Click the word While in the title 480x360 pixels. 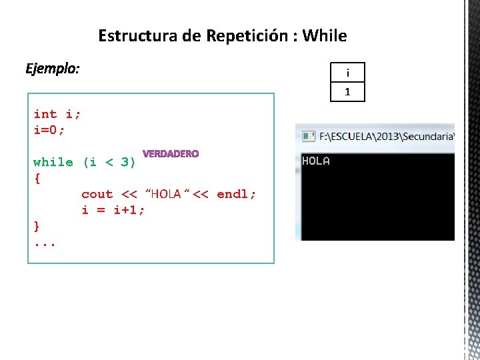(325, 35)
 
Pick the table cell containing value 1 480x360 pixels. (347, 91)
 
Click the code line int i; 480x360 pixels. (57, 114)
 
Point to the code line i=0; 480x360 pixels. (49, 130)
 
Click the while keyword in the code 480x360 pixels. (53, 162)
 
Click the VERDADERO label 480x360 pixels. (171, 154)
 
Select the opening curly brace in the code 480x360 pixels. (37, 178)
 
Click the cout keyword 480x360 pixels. (97, 194)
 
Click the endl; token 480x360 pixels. (237, 194)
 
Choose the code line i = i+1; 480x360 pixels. (113, 210)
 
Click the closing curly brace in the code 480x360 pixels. (37, 226)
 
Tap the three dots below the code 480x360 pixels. (45, 243)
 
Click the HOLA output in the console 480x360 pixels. (316, 161)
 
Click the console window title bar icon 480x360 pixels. (309, 136)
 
